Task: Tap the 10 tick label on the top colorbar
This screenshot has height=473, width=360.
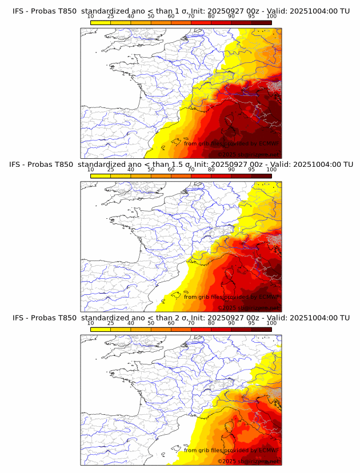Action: click(x=91, y=16)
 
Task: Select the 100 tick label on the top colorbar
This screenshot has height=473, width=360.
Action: click(x=271, y=16)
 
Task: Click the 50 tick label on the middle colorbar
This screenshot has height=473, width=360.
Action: click(x=151, y=170)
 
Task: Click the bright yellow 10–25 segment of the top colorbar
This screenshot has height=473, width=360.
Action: click(x=101, y=22)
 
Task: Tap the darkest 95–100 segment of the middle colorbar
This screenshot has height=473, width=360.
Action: click(x=261, y=176)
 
